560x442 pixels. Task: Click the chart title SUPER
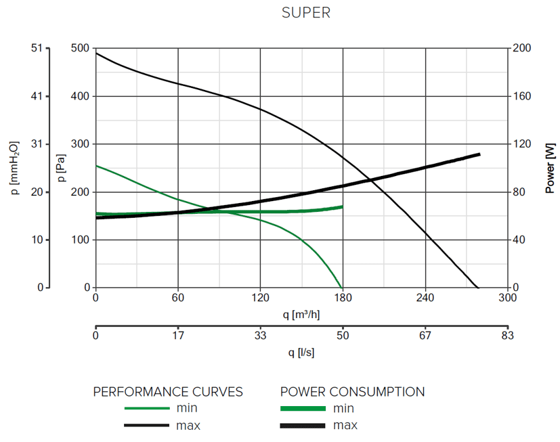(x=306, y=13)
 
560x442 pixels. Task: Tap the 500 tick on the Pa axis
(x=80, y=49)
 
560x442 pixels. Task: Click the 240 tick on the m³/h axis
(x=425, y=298)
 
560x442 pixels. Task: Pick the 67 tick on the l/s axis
(x=425, y=335)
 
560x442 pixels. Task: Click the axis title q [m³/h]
(x=301, y=314)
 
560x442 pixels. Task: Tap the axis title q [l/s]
(x=301, y=352)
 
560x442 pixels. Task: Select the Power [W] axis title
(x=550, y=168)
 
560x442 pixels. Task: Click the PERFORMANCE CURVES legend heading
(x=167, y=392)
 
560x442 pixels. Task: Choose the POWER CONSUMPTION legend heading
(x=352, y=392)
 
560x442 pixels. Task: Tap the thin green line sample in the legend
(x=146, y=408)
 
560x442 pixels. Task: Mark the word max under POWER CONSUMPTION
(x=345, y=426)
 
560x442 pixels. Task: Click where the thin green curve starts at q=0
(x=96, y=165)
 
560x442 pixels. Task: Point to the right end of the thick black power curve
(x=479, y=154)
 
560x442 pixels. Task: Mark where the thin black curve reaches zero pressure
(x=477, y=288)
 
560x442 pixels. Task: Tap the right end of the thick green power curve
(x=342, y=206)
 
